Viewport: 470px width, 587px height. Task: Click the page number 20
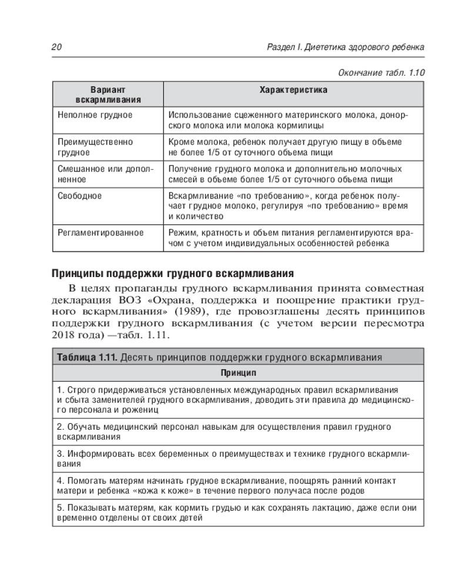point(57,47)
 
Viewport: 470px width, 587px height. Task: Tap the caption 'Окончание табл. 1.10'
point(382,73)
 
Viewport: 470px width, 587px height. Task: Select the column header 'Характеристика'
point(293,90)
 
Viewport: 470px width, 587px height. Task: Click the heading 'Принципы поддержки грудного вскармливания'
point(172,274)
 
